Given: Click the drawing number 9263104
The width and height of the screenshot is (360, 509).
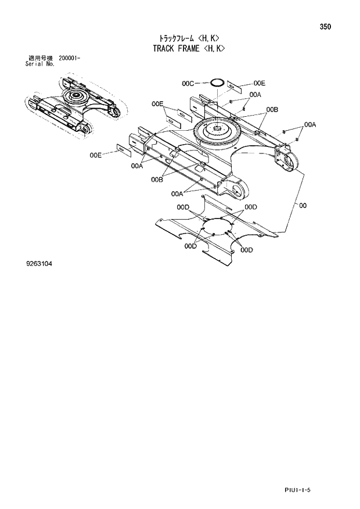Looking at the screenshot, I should click(39, 263).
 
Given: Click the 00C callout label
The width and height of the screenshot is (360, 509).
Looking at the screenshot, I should click(188, 84).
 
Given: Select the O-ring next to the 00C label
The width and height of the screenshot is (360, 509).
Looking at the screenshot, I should click(216, 83).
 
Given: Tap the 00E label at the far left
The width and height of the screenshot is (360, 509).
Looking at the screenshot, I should click(96, 155).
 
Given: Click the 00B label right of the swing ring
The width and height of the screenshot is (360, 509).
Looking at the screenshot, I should click(272, 109).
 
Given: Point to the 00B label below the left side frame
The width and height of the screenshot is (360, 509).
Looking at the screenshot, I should click(156, 180).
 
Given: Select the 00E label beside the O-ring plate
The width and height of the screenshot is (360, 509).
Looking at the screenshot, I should click(259, 83).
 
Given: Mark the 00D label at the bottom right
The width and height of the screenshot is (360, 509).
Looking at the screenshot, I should click(246, 250).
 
